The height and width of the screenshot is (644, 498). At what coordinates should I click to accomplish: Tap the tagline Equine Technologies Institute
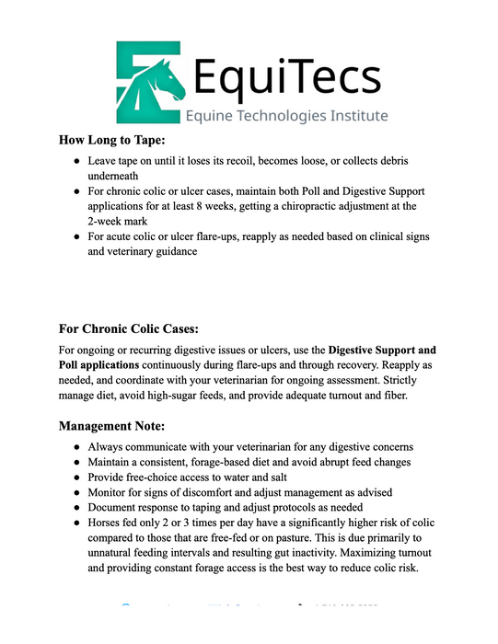pyautogui.click(x=286, y=116)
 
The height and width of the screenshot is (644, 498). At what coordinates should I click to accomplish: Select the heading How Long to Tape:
pyautogui.click(x=111, y=141)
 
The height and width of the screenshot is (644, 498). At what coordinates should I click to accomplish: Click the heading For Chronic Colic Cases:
pyautogui.click(x=128, y=328)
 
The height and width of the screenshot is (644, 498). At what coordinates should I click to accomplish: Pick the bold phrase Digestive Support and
pyautogui.click(x=382, y=350)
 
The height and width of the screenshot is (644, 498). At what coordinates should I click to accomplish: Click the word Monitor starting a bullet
pyautogui.click(x=111, y=492)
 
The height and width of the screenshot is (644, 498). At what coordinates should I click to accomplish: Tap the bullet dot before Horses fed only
pyautogui.click(x=77, y=524)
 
